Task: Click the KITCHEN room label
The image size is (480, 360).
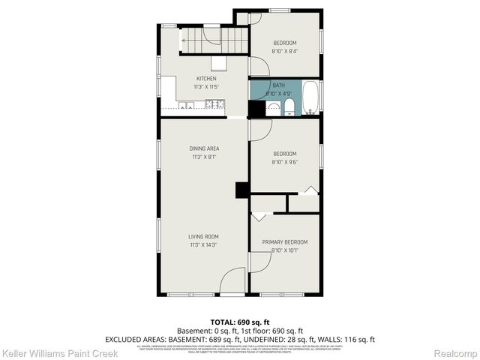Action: [x=206, y=79]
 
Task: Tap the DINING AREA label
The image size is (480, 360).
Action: [x=204, y=148]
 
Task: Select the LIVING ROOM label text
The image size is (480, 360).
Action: [x=204, y=236]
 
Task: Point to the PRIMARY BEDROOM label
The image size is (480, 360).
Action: [x=284, y=242]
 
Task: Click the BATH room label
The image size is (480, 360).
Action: [x=278, y=85]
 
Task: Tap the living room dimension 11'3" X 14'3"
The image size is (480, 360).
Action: [x=204, y=245]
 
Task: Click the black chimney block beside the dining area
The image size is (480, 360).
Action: [x=242, y=190]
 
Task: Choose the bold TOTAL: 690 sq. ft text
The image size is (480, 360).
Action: [x=239, y=321]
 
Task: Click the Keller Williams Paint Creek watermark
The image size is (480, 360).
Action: [x=46, y=352]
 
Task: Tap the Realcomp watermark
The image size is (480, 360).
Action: [x=457, y=352]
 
